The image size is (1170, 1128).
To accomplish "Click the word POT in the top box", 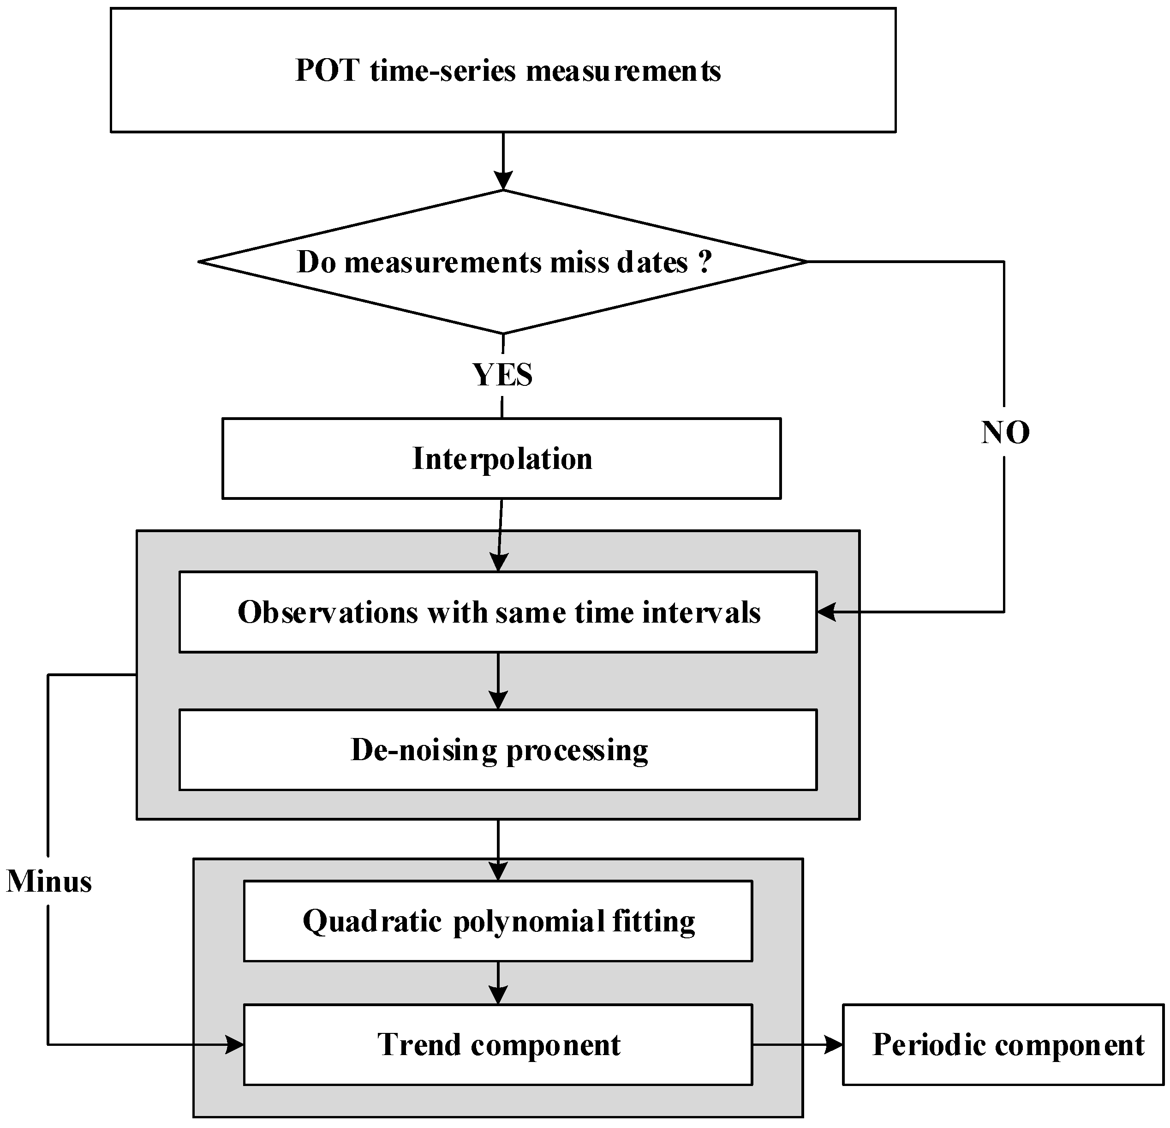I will (x=327, y=71).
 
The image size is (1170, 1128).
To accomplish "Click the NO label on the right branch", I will (x=1005, y=432).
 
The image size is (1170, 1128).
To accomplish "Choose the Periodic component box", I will (x=1003, y=1045).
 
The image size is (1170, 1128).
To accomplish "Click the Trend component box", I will (x=498, y=1045).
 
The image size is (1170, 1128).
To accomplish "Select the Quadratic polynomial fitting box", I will (x=498, y=921).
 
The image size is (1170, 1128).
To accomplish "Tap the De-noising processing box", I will (x=498, y=750).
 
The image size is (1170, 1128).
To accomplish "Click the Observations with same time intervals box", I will (x=498, y=612).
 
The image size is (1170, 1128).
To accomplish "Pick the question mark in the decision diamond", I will (x=705, y=262).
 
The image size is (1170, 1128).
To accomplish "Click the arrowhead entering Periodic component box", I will (x=833, y=1045).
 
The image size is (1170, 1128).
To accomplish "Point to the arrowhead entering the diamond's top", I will (x=503, y=180).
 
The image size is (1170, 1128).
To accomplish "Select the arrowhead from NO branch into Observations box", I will (x=826, y=612).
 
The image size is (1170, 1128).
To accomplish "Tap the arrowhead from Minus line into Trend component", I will (x=235, y=1045).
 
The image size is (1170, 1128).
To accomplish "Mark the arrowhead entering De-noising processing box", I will (x=498, y=700).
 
